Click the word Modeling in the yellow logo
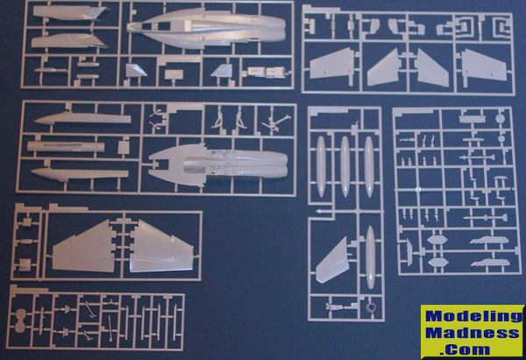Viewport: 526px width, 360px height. [473, 316]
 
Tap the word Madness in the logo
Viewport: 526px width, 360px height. [473, 333]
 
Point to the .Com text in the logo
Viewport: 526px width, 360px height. [466, 349]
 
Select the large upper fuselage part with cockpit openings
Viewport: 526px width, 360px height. [206, 27]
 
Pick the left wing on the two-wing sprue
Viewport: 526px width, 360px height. [83, 246]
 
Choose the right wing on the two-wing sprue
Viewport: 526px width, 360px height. [161, 246]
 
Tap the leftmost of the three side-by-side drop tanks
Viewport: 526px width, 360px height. [321, 166]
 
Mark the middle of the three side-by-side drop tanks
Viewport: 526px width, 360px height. [345, 166]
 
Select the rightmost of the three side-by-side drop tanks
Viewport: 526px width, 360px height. [369, 166]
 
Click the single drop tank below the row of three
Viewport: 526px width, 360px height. [370, 258]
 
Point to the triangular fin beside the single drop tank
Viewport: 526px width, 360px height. [333, 260]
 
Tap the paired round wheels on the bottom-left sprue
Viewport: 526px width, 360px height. [20, 321]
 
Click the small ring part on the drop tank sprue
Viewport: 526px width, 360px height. [372, 307]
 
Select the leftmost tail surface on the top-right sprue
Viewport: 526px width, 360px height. [331, 63]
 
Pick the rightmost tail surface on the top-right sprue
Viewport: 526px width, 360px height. [484, 65]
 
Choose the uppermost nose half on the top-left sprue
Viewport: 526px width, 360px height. [70, 13]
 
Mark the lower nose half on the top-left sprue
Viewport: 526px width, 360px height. [69, 41]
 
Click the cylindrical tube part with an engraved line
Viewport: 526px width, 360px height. [66, 146]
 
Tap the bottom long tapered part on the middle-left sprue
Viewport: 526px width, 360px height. [80, 174]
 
